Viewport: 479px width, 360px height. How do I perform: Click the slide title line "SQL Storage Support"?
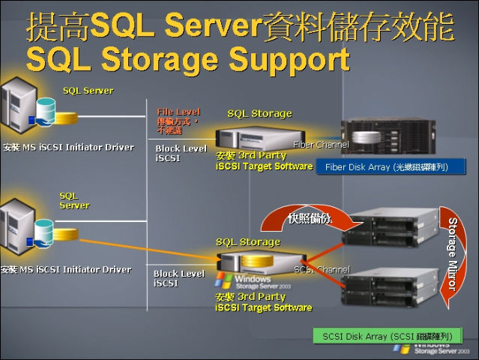pos(187,58)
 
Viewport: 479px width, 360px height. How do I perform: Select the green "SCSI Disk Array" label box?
pos(388,336)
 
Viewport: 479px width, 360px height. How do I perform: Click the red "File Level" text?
pos(178,112)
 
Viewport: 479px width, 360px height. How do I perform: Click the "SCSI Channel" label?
pos(322,268)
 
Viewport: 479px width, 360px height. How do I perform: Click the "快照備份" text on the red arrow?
pos(309,218)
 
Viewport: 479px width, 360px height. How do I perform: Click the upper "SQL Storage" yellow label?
pos(259,113)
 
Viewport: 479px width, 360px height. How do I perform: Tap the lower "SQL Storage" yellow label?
pos(247,242)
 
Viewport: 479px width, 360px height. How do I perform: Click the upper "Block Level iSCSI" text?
pos(181,154)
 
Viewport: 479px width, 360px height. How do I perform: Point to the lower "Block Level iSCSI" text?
pos(179,278)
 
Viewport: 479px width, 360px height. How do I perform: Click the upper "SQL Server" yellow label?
pos(88,91)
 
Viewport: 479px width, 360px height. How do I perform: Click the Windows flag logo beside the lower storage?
pos(222,280)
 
